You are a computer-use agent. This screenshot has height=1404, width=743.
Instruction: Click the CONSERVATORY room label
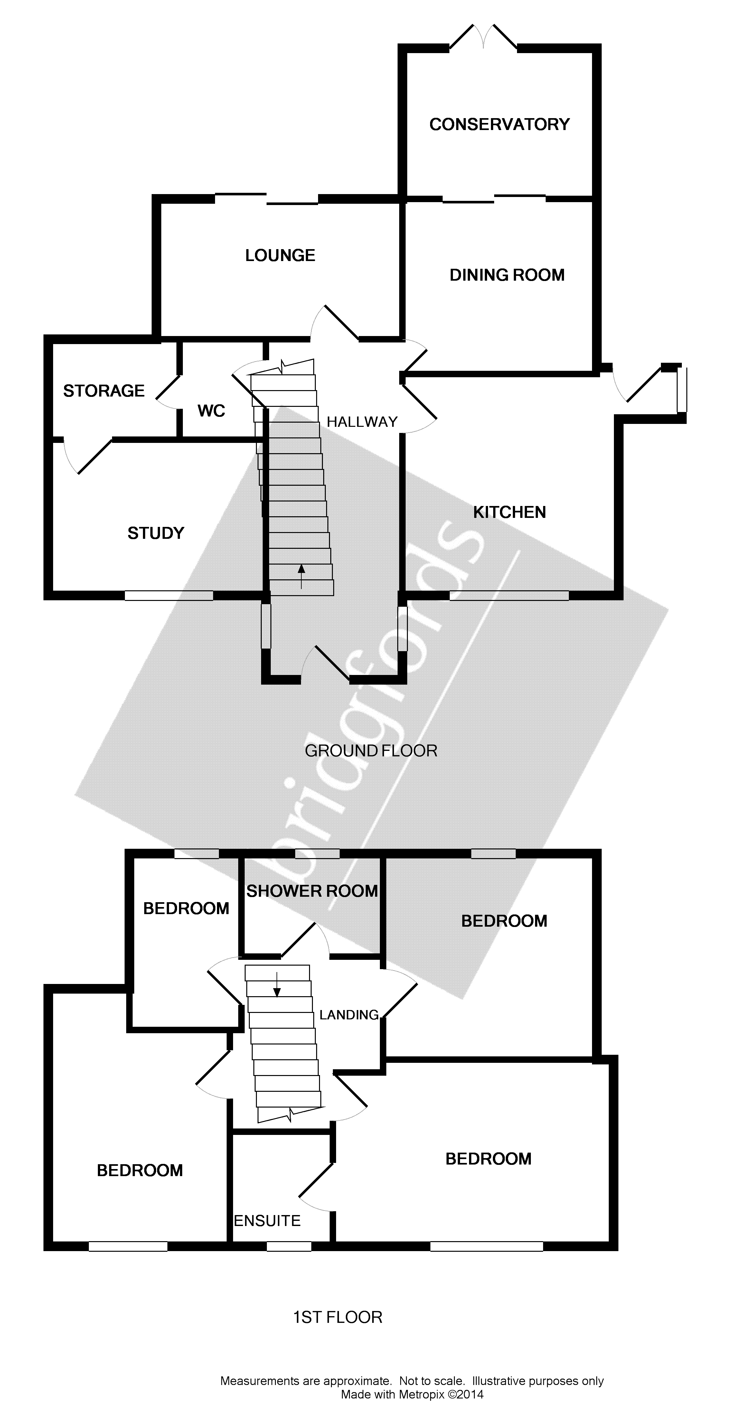click(x=499, y=124)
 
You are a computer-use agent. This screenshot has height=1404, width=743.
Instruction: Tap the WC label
click(x=212, y=410)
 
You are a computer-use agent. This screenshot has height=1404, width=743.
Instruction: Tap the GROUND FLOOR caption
click(x=371, y=751)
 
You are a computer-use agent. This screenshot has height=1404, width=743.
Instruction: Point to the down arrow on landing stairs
click(x=277, y=984)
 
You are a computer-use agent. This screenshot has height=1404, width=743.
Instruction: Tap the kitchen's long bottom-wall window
click(x=509, y=596)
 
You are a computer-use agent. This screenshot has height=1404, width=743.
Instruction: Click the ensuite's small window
click(x=289, y=1246)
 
